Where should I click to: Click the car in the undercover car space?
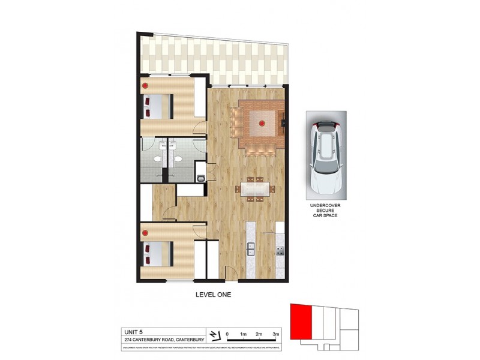click(326, 155)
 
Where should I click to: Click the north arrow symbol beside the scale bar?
click(214, 334)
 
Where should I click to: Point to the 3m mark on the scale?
click(276, 334)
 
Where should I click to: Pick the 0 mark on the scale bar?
click(227, 334)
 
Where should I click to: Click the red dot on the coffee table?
click(261, 124)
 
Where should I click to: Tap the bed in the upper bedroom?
click(159, 107)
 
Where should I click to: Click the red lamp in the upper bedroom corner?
click(146, 85)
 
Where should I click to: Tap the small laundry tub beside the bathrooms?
click(202, 178)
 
